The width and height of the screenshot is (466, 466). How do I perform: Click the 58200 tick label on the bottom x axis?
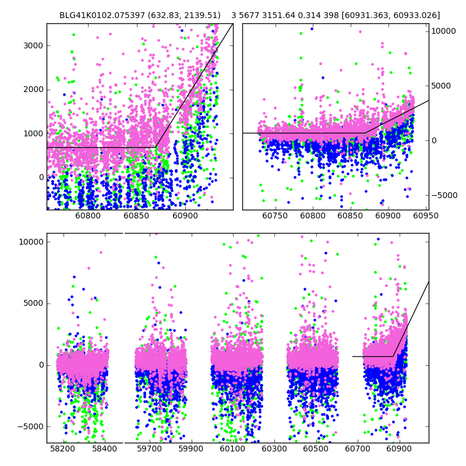[x=62, y=449]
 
